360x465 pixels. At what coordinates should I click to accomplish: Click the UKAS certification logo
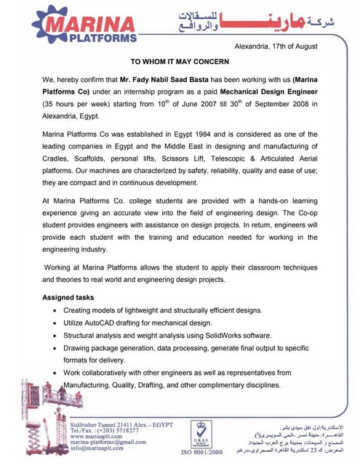[x=200, y=429]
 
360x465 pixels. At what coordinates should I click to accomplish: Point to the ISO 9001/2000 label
[x=201, y=451]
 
